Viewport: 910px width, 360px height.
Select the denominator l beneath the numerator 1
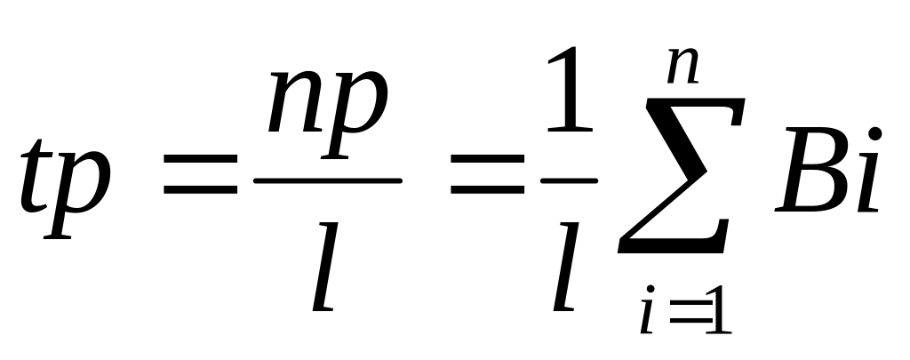(565, 267)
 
